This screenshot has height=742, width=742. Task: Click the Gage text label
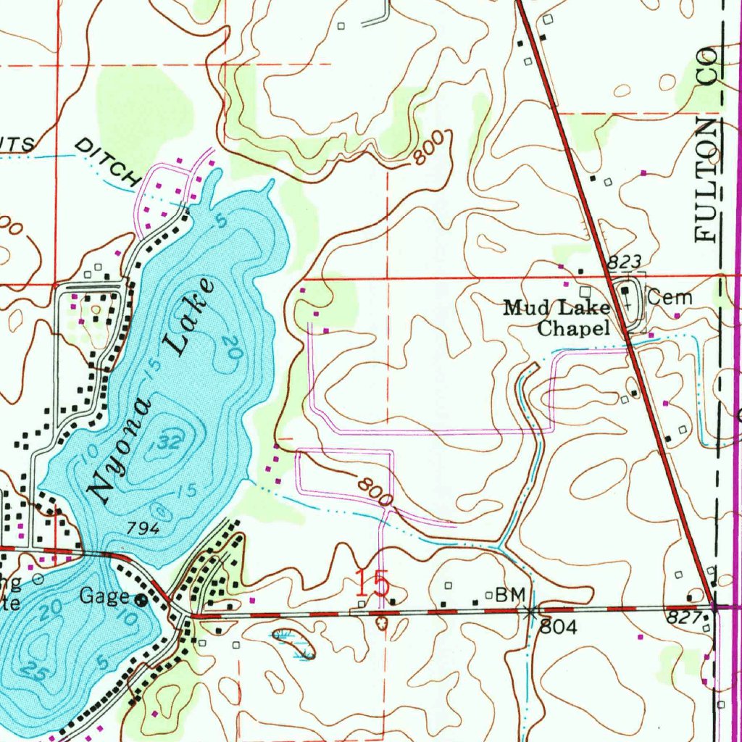pyautogui.click(x=104, y=597)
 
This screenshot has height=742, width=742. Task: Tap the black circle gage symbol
pyautogui.click(x=141, y=600)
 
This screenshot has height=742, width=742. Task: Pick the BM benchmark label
pyautogui.click(x=509, y=596)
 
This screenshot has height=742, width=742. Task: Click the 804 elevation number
pyautogui.click(x=559, y=628)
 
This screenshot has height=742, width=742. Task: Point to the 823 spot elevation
pyautogui.click(x=625, y=262)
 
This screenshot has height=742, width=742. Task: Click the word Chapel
pyautogui.click(x=572, y=329)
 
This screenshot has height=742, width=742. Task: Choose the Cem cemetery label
pyautogui.click(x=670, y=297)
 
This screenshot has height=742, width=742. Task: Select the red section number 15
pyautogui.click(x=372, y=583)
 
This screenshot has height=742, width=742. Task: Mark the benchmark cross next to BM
pyautogui.click(x=533, y=612)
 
